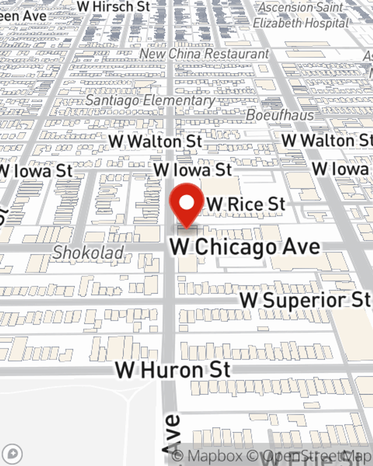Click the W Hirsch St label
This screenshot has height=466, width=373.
(114, 6)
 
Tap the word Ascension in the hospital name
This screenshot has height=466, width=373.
(285, 7)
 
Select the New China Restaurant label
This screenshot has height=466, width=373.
(204, 54)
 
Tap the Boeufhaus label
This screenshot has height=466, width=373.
(280, 115)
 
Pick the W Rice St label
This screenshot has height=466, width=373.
(246, 204)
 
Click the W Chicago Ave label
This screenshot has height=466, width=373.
(245, 247)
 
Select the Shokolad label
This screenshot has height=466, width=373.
(88, 253)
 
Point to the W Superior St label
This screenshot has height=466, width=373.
(305, 300)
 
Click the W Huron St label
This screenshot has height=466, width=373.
(173, 370)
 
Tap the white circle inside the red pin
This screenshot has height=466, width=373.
(187, 203)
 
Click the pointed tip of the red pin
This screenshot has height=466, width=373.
(186, 228)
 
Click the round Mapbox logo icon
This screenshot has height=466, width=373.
(12, 454)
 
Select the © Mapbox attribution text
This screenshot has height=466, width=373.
(207, 456)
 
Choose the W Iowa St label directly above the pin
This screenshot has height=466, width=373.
(193, 170)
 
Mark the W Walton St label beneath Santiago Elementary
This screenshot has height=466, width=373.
(155, 141)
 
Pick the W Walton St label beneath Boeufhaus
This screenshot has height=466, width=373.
(327, 141)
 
